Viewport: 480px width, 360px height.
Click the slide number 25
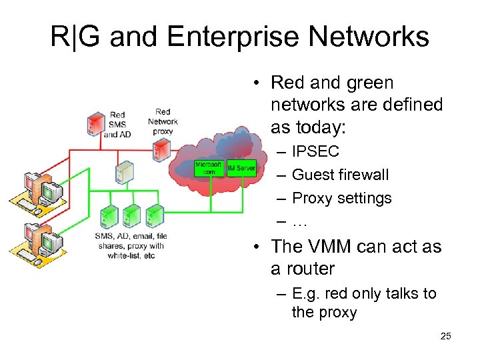pos(445,336)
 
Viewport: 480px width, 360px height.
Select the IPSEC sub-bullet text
pos(315,151)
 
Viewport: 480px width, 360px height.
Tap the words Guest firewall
pos(340,175)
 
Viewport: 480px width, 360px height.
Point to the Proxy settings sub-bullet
pos(341,198)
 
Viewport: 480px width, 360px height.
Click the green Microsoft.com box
pos(209,168)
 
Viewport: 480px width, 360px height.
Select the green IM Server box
pos(241,168)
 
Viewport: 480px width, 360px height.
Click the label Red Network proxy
pos(163,121)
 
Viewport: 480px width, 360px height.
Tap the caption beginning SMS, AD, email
pos(131,245)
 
